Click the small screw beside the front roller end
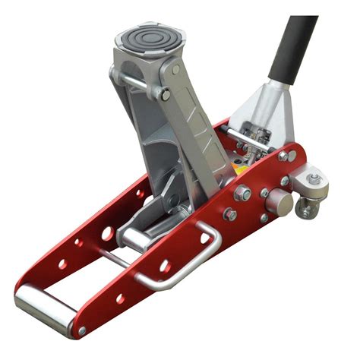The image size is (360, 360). point(81,331)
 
